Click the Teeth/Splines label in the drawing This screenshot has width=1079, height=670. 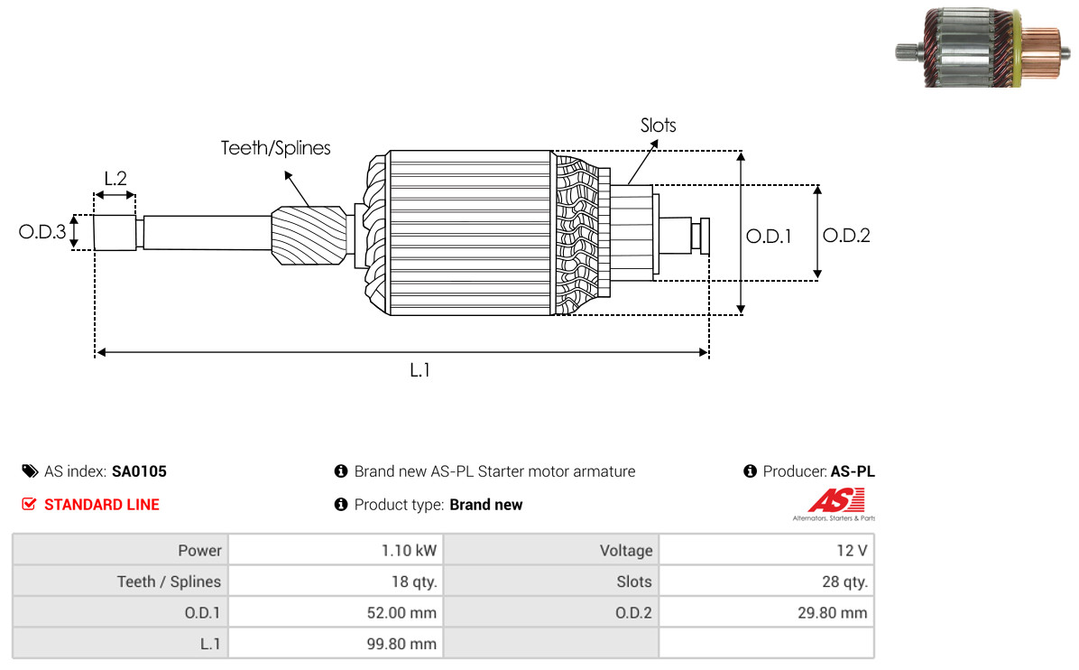pos(276,148)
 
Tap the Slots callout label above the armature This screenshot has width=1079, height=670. pos(658,126)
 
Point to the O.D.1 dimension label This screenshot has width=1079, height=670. pos(769,237)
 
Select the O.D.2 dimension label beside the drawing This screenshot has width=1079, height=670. pos(846,236)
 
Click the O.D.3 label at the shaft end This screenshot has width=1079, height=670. pos(42,233)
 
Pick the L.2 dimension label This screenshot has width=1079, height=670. pos(115,178)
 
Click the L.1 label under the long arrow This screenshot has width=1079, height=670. pos(420,369)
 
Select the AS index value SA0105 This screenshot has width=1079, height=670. pos(139,471)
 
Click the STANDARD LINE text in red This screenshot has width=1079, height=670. pos(102,505)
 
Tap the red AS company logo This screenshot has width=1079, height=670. pos(835,502)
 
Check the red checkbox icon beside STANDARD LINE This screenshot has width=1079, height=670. pos(29,505)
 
